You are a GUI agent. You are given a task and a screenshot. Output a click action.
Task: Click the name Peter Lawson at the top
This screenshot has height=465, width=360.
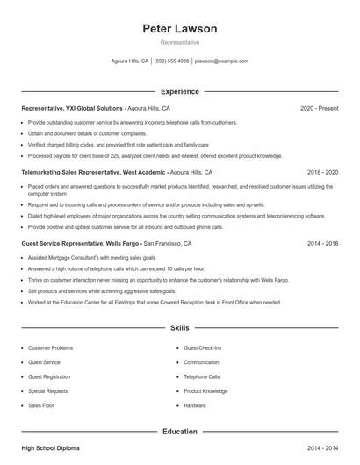coord(179,29)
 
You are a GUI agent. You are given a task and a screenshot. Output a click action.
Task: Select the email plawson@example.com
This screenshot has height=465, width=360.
coord(221,61)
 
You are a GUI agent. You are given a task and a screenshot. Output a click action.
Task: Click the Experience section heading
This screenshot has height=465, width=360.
coord(179,91)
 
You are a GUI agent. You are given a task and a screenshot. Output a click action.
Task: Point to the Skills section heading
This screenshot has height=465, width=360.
coord(179,328)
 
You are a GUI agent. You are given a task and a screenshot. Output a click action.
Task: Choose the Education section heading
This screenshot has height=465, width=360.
coord(179,432)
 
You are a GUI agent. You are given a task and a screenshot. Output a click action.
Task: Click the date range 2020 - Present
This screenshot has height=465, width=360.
coord(319,108)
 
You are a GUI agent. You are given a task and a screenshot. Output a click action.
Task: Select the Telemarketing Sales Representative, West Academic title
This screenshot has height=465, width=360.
coord(93,174)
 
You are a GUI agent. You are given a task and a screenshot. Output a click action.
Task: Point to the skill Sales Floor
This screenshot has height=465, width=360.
coord(41,406)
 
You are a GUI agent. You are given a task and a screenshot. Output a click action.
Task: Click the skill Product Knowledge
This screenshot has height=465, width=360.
coord(205,391)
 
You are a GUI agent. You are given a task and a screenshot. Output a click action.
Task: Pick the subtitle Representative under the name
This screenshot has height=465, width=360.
coord(179,42)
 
